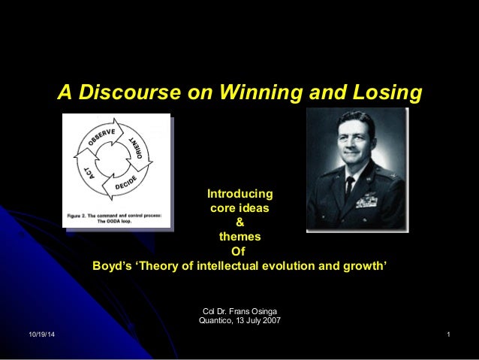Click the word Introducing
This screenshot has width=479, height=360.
pyautogui.click(x=240, y=194)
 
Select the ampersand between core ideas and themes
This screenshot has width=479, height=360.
pyautogui.click(x=240, y=222)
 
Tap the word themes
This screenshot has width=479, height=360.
pyautogui.click(x=240, y=237)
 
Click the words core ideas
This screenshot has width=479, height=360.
pyautogui.click(x=240, y=208)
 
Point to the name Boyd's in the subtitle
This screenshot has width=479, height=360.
pyautogui.click(x=111, y=265)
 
